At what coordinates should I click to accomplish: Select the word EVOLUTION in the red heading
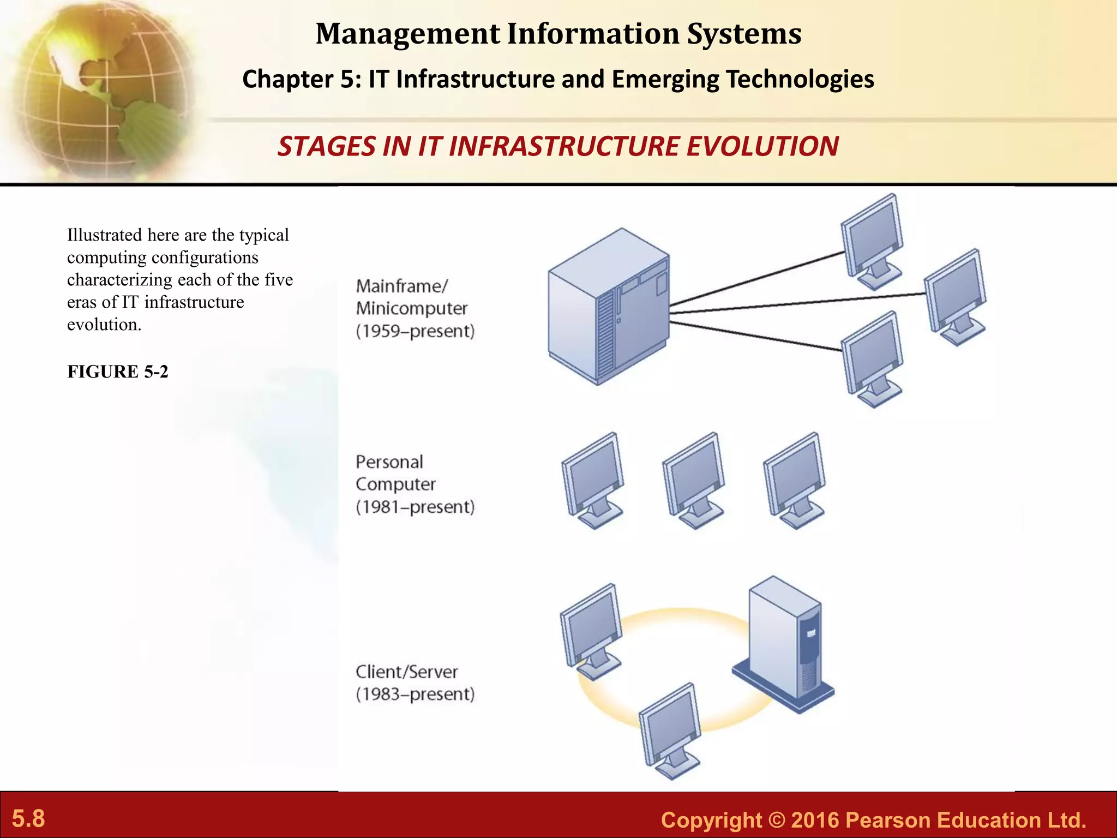pos(762,147)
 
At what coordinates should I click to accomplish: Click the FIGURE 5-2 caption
pos(117,372)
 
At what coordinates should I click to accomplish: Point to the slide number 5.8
pos(28,819)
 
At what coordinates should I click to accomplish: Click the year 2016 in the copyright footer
pos(815,821)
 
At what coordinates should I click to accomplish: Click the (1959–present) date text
pos(415,331)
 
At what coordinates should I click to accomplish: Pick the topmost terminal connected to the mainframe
pos(872,240)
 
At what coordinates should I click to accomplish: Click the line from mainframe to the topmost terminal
pos(758,278)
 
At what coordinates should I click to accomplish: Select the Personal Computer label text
pos(395,473)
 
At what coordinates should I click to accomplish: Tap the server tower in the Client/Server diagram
pos(784,644)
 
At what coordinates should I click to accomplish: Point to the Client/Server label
pos(406,672)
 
